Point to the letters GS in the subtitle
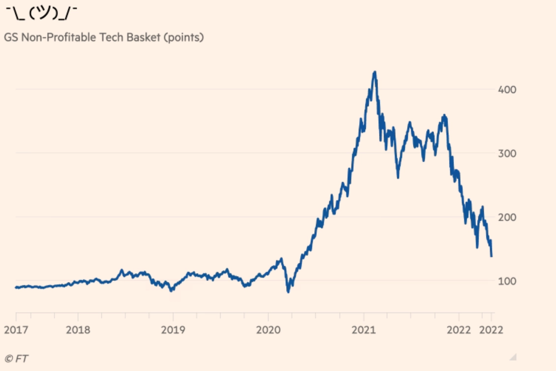(x=11, y=37)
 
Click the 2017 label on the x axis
(x=16, y=330)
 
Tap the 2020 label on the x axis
(x=268, y=330)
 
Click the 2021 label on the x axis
(x=363, y=330)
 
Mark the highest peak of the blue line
(x=375, y=72)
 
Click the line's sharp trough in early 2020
(x=288, y=292)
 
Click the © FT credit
(x=16, y=359)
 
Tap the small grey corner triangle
(x=513, y=356)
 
